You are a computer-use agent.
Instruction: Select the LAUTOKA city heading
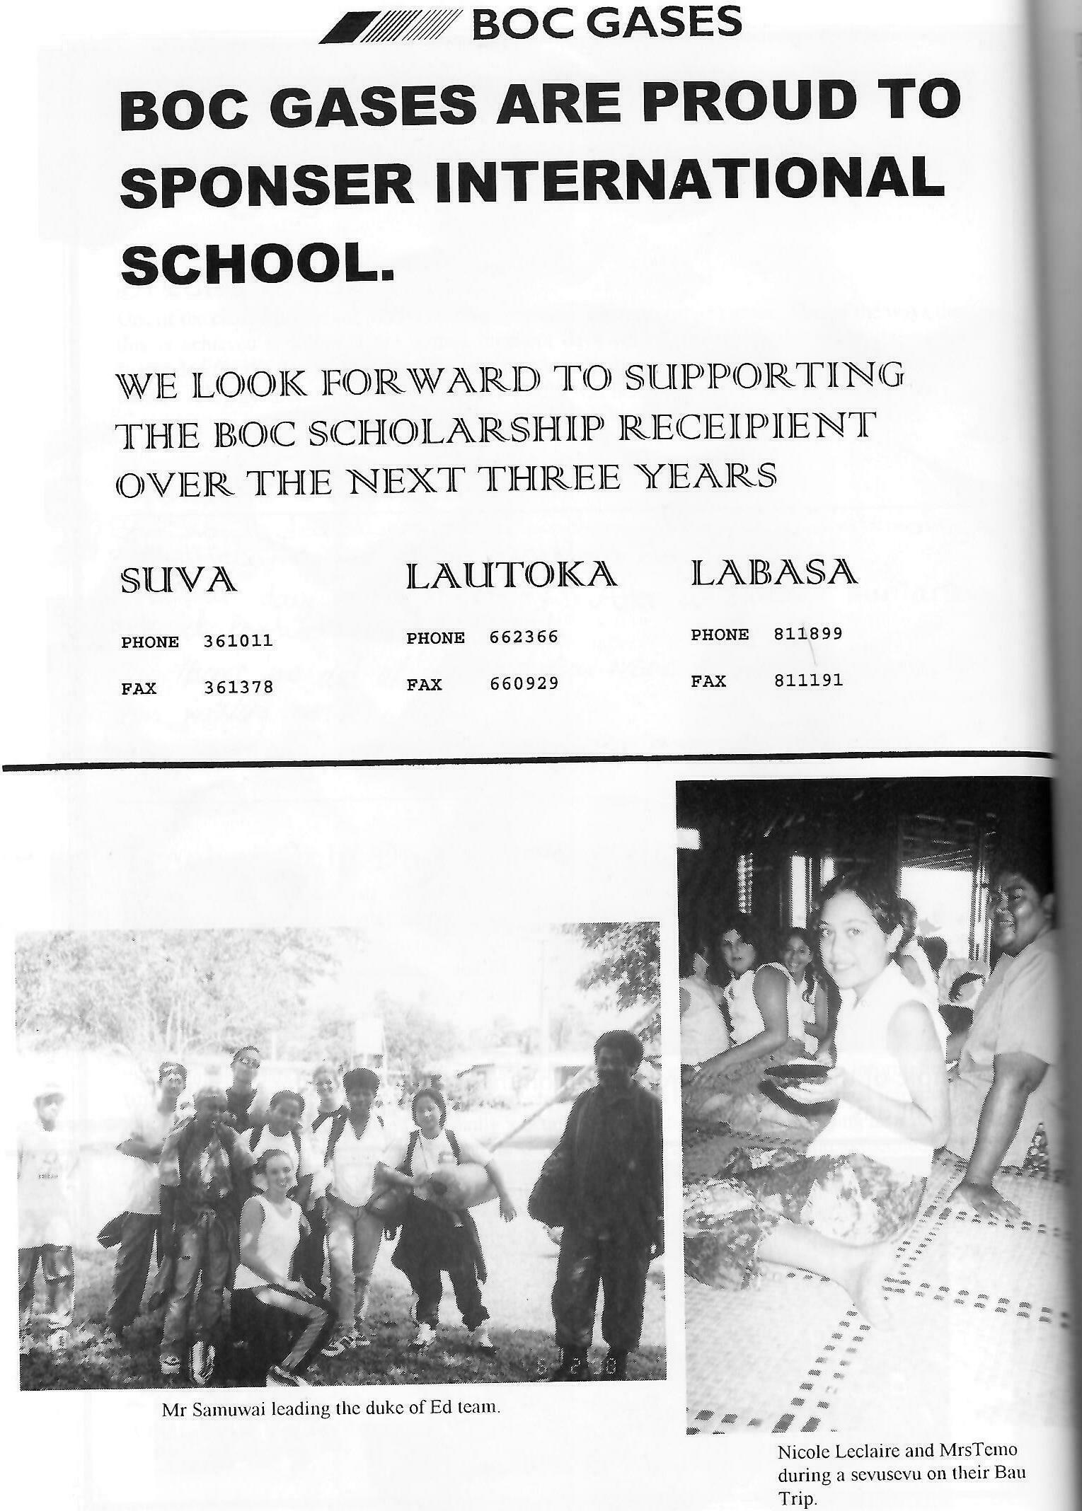[511, 577]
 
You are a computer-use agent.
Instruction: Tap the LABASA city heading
[774, 572]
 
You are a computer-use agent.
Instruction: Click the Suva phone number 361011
[238, 642]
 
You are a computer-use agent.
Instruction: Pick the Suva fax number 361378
[238, 688]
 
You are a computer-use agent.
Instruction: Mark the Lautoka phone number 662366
[524, 637]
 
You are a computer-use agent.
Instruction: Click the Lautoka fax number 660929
[524, 684]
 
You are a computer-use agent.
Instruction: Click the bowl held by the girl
[796, 1091]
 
